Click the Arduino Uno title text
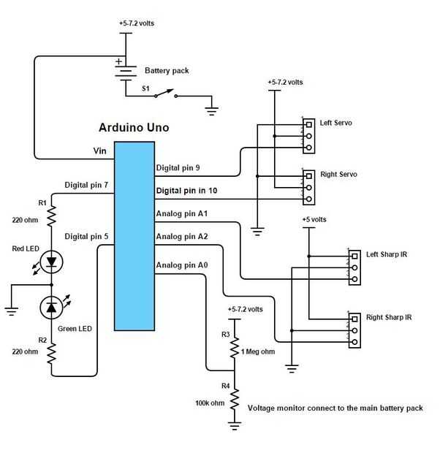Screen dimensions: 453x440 click(134, 128)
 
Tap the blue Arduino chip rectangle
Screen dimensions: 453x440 click(134, 234)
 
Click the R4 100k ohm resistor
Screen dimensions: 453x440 click(235, 399)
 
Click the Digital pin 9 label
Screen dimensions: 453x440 click(178, 168)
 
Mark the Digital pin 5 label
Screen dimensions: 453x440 click(86, 237)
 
